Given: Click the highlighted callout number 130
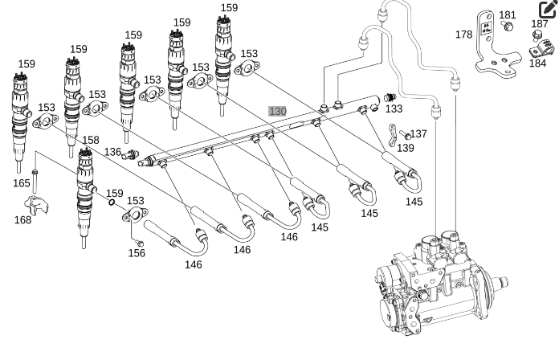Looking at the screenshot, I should (x=277, y=111).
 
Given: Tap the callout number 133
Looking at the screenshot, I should (x=394, y=109).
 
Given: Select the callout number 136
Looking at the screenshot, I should (x=112, y=152).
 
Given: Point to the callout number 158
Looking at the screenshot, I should (x=91, y=141).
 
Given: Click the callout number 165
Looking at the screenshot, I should (x=22, y=183).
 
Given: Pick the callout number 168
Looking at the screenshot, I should (x=23, y=219).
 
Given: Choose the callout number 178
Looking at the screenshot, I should (x=463, y=35).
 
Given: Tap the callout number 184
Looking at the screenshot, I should (x=537, y=63).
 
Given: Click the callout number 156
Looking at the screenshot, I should (x=137, y=253).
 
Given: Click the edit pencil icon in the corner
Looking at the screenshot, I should (x=548, y=10).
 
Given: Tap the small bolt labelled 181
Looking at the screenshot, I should (x=508, y=27).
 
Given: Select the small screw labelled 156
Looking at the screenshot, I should (x=138, y=240).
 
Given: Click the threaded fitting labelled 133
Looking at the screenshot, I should (x=390, y=96).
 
